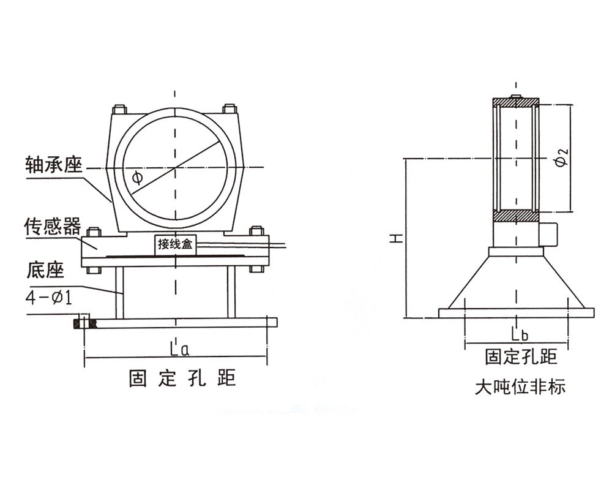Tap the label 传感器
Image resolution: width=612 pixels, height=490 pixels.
tap(52, 226)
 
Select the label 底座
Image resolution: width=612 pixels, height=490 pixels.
tap(46, 270)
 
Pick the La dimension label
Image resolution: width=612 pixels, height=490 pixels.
tap(179, 350)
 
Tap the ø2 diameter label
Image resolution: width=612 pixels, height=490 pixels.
tap(564, 157)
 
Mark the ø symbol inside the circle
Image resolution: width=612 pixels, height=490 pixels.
tap(136, 178)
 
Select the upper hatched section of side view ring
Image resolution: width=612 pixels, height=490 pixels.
tap(516, 101)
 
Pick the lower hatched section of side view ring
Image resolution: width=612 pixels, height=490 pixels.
tap(516, 216)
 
